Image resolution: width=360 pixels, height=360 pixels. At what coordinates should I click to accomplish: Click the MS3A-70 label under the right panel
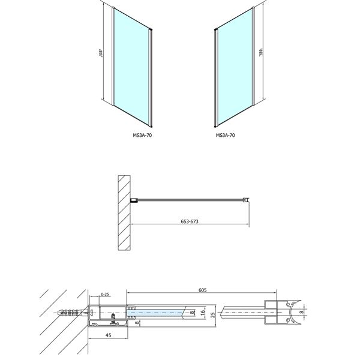click(226, 136)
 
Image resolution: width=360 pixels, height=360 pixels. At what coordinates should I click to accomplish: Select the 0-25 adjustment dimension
click(106, 295)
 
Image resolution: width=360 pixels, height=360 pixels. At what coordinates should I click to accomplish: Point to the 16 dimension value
click(203, 313)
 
